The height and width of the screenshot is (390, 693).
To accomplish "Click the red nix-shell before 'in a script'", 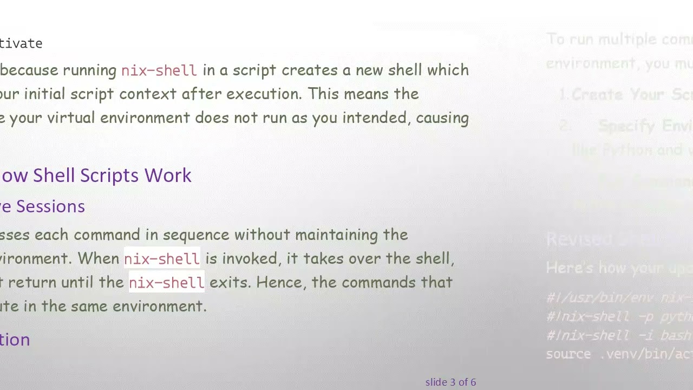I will coord(159,70).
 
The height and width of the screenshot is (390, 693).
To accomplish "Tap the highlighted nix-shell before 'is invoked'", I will coord(162,259).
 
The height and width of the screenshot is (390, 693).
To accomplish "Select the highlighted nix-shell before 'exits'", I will coord(166,283).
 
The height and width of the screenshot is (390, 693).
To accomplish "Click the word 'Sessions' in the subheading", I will coord(50,206).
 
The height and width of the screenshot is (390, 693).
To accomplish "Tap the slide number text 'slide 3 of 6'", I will coord(450,382).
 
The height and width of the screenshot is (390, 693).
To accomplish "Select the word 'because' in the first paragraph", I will coord(29,70).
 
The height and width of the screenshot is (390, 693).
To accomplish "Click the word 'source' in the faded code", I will coord(568,354).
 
